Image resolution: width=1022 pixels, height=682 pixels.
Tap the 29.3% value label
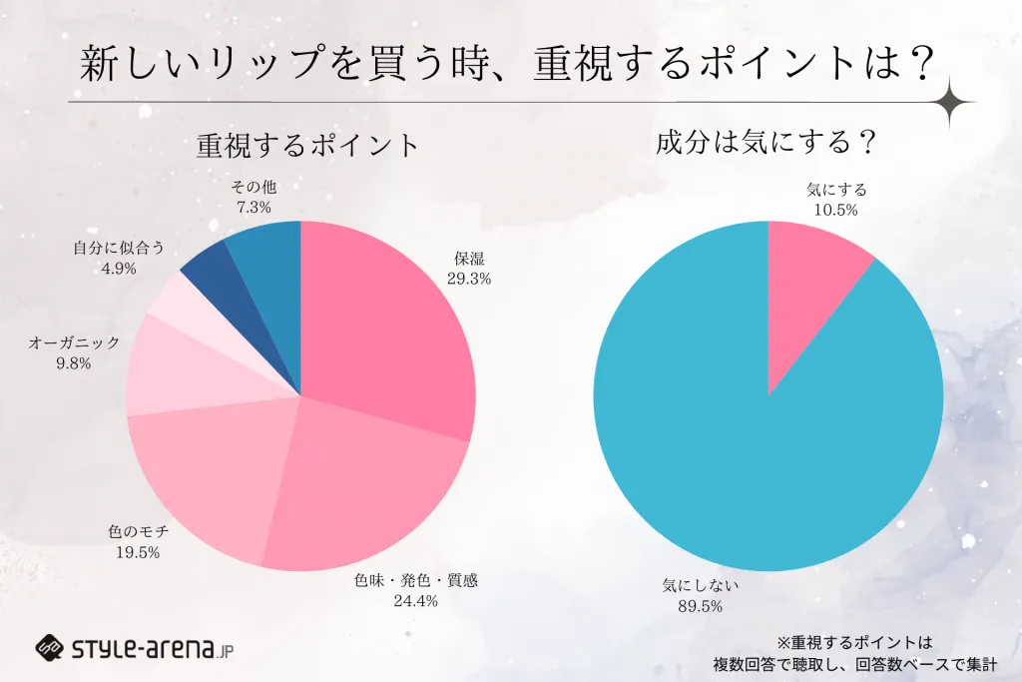[x=469, y=280]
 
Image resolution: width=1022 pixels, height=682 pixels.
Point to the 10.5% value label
[x=836, y=209]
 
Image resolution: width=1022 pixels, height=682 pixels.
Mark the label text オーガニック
[x=74, y=342]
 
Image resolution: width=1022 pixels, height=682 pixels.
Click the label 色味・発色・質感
[x=416, y=580]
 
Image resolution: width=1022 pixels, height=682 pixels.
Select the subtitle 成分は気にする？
[x=766, y=143]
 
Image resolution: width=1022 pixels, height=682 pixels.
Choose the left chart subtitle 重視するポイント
[x=307, y=146]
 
